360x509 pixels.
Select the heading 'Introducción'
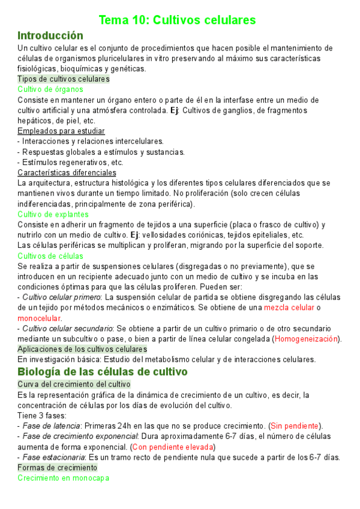(x=50, y=35)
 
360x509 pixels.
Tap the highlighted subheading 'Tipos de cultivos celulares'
(x=64, y=79)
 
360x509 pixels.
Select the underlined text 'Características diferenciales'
(x=67, y=172)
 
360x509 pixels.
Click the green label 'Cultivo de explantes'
(x=53, y=214)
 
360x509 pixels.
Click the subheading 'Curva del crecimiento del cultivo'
(x=74, y=384)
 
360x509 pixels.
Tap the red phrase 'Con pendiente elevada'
(x=173, y=447)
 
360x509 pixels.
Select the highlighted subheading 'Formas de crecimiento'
(x=58, y=467)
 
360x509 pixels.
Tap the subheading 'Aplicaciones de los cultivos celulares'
(x=82, y=349)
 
